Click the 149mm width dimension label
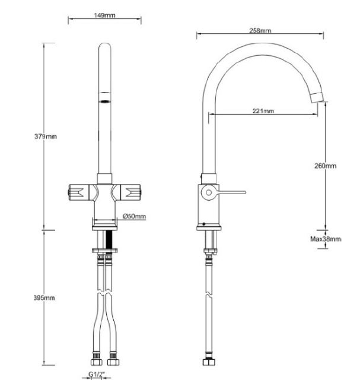[104, 15]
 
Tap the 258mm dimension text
[260, 30]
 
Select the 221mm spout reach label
[263, 111]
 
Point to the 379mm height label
[46, 137]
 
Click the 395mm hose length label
[44, 297]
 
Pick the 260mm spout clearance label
[325, 166]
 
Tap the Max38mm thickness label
[326, 239]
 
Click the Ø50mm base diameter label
[135, 216]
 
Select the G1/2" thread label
[96, 374]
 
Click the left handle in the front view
[79, 192]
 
